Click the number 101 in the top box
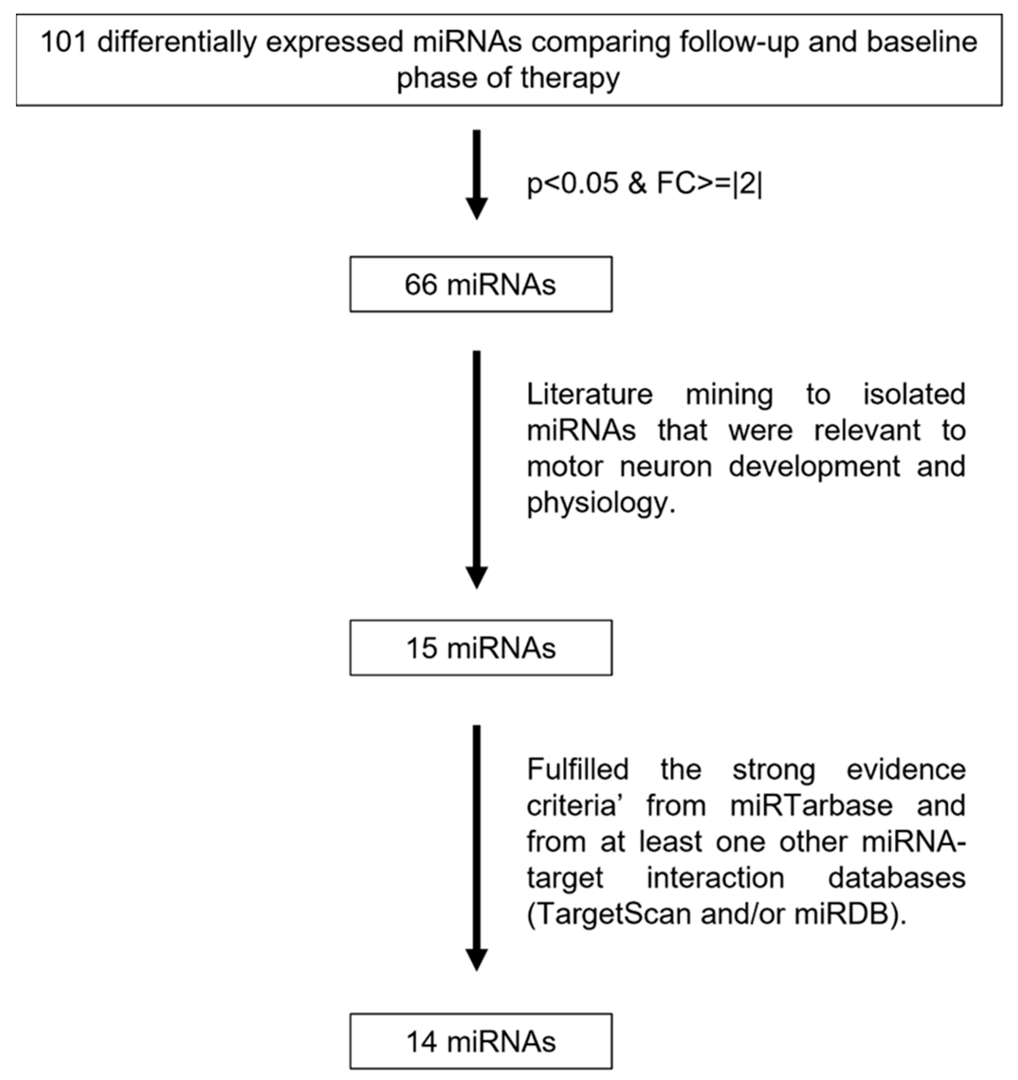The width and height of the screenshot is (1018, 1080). point(63,42)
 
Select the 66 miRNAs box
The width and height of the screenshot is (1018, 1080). point(481,284)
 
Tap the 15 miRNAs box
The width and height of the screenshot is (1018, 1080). point(481,647)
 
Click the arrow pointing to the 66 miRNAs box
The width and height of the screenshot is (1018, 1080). point(477,174)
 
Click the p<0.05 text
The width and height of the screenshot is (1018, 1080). point(573,184)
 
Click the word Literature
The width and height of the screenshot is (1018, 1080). point(589,394)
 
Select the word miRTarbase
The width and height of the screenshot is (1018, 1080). point(811,805)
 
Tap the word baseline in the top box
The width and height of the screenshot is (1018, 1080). point(921,42)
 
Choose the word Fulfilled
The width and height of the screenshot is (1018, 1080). point(578,769)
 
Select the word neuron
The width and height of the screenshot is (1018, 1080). point(665,467)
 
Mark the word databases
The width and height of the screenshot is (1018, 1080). point(896,877)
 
